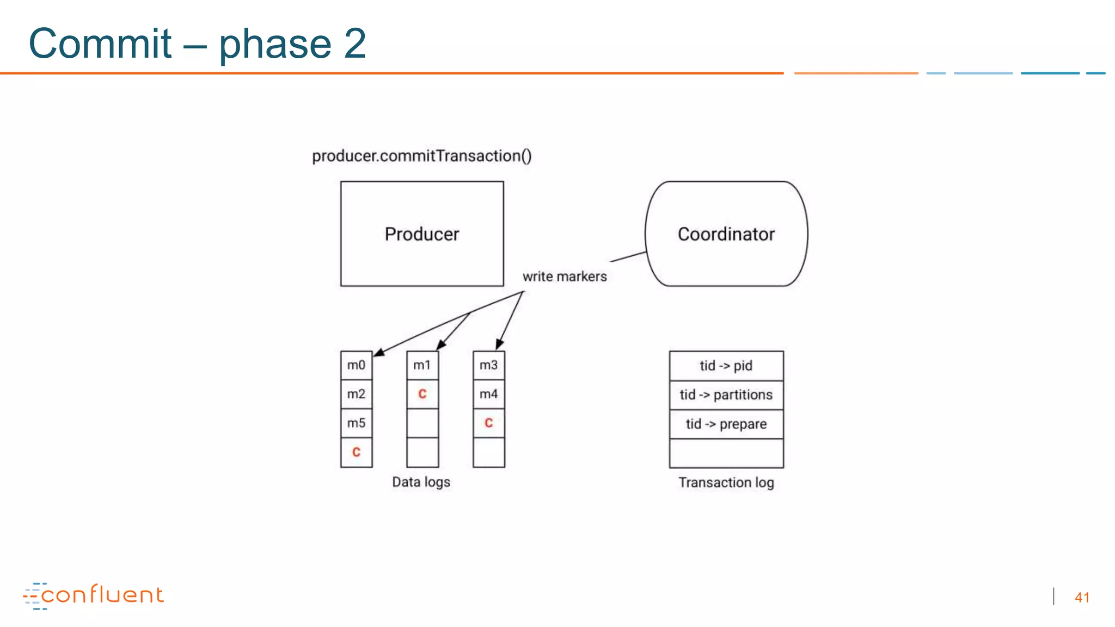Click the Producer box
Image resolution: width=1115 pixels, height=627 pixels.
click(x=422, y=234)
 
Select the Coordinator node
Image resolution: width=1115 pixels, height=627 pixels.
click(x=726, y=234)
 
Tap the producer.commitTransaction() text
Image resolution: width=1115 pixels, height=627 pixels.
click(x=421, y=156)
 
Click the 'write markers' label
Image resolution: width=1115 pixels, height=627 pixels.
click(x=565, y=276)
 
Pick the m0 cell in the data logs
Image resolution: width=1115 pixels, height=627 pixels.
click(x=357, y=365)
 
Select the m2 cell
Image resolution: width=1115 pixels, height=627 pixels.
click(x=357, y=394)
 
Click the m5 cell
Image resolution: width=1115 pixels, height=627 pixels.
click(x=357, y=423)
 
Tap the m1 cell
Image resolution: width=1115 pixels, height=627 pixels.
click(x=422, y=365)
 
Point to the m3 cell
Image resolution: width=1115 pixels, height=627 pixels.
click(x=489, y=365)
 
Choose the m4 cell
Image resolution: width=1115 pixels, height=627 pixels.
click(x=489, y=394)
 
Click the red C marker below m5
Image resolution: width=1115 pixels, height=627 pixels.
click(x=357, y=452)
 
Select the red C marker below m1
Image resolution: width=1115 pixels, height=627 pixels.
click(x=422, y=394)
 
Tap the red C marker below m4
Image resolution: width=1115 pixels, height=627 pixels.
click(x=489, y=423)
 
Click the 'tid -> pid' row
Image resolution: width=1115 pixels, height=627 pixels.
click(x=726, y=366)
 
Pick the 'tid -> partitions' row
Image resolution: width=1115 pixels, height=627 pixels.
click(x=726, y=395)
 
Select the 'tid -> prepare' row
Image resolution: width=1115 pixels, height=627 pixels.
click(x=726, y=424)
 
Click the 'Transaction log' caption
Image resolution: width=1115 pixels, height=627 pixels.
click(x=726, y=482)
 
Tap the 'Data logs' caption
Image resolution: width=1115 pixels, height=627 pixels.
click(x=421, y=482)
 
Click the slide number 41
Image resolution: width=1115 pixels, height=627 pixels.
click(x=1082, y=598)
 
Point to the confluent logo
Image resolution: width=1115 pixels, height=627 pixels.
click(x=94, y=595)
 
